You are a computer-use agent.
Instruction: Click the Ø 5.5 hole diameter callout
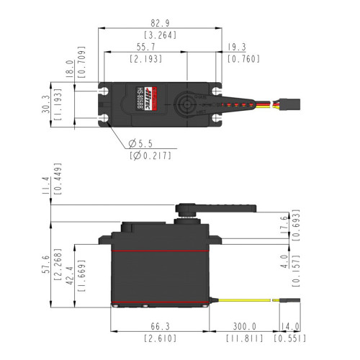(x=141, y=143)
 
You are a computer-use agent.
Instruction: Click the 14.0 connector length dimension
(x=291, y=325)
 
